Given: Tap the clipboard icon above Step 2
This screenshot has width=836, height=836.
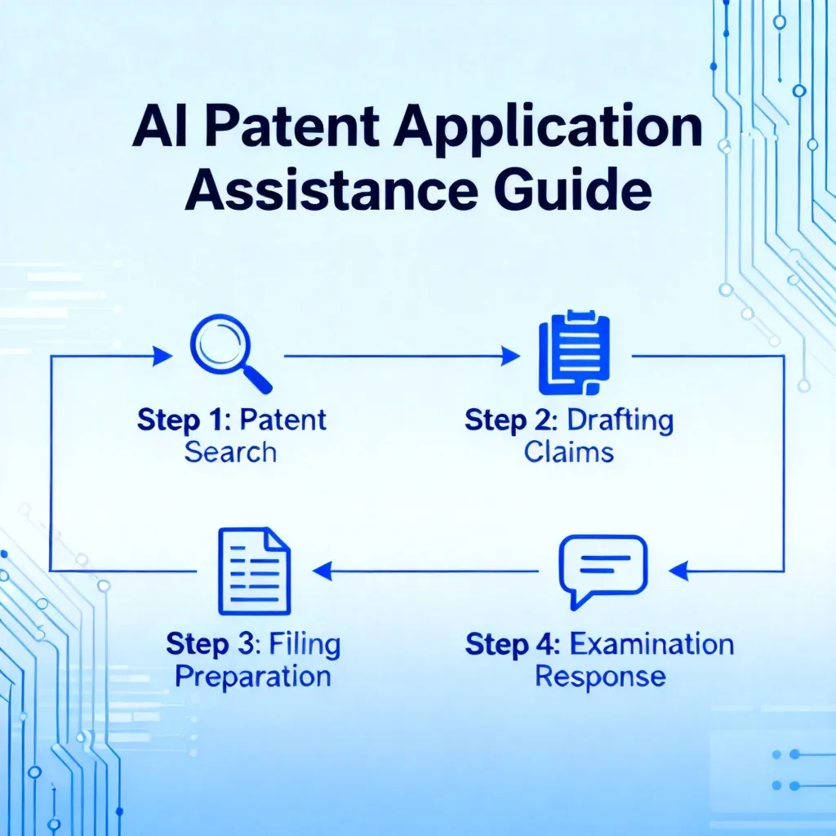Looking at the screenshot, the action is [x=574, y=353].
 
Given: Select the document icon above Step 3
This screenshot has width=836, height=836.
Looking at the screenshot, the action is [x=255, y=571].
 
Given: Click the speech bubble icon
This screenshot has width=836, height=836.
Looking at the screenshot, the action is [x=603, y=571].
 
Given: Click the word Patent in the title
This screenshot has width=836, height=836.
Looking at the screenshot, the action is [x=291, y=128].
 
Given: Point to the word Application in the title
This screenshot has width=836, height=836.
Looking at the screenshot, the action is [x=549, y=131].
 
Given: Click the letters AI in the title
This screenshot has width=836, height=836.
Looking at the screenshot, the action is [x=159, y=128].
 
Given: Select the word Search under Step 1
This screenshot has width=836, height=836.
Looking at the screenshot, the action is [x=230, y=452].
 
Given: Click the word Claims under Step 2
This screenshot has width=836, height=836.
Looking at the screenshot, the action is [x=569, y=452].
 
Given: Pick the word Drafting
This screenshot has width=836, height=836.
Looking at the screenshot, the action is [x=620, y=420].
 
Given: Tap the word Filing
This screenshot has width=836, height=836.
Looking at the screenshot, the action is [x=305, y=645].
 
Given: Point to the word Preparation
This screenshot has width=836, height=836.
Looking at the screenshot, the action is [x=253, y=677].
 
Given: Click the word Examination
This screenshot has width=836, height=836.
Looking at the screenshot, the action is [x=652, y=644].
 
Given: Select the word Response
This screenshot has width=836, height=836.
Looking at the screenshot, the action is [x=600, y=677].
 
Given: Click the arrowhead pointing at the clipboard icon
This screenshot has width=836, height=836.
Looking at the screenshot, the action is [x=510, y=356].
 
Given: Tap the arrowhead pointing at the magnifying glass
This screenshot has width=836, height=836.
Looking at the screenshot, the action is [x=162, y=356].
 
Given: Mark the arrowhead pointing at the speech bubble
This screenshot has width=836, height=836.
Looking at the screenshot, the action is [x=678, y=571].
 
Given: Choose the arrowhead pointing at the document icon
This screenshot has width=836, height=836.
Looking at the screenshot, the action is [x=322, y=571].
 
